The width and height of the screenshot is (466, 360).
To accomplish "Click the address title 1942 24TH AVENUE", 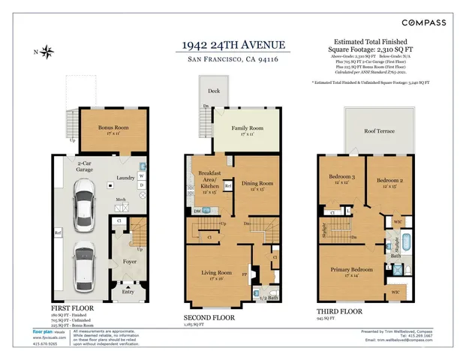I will click(x=233, y=44).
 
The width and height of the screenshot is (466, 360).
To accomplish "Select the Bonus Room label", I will click(x=113, y=127).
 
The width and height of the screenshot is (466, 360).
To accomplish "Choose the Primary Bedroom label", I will click(x=353, y=271).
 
